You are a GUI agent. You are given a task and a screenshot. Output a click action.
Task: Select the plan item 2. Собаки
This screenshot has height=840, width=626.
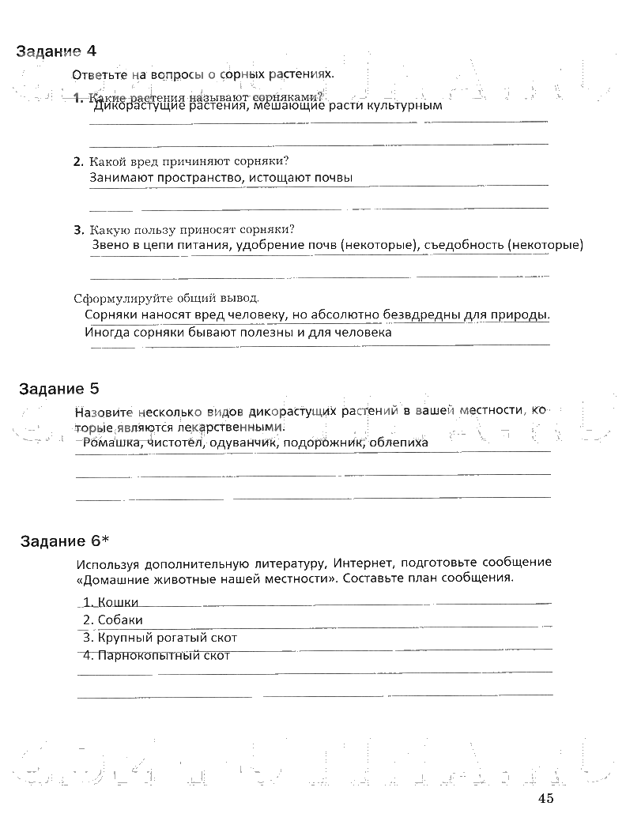coord(113,620)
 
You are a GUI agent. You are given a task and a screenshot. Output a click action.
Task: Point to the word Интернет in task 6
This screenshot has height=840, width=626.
coord(362,563)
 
